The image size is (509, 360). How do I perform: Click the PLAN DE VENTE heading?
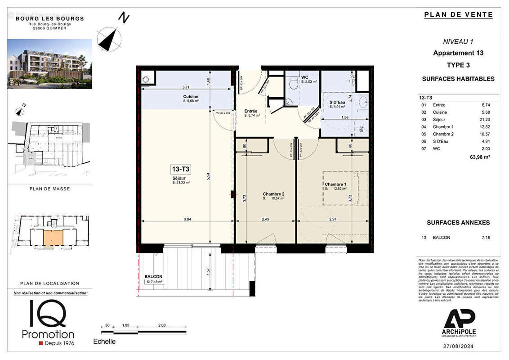point(458,15)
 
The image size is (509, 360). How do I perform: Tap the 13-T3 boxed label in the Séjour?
point(180,169)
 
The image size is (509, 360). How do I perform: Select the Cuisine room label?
point(191,97)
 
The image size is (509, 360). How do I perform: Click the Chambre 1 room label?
point(335,184)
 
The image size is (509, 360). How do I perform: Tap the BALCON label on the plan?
point(153,276)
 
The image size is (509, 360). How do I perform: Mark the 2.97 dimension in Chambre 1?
point(333,219)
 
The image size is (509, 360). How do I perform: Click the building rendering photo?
point(49,63)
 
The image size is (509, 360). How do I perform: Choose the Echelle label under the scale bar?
point(104,342)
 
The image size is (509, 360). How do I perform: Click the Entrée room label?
point(251,111)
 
